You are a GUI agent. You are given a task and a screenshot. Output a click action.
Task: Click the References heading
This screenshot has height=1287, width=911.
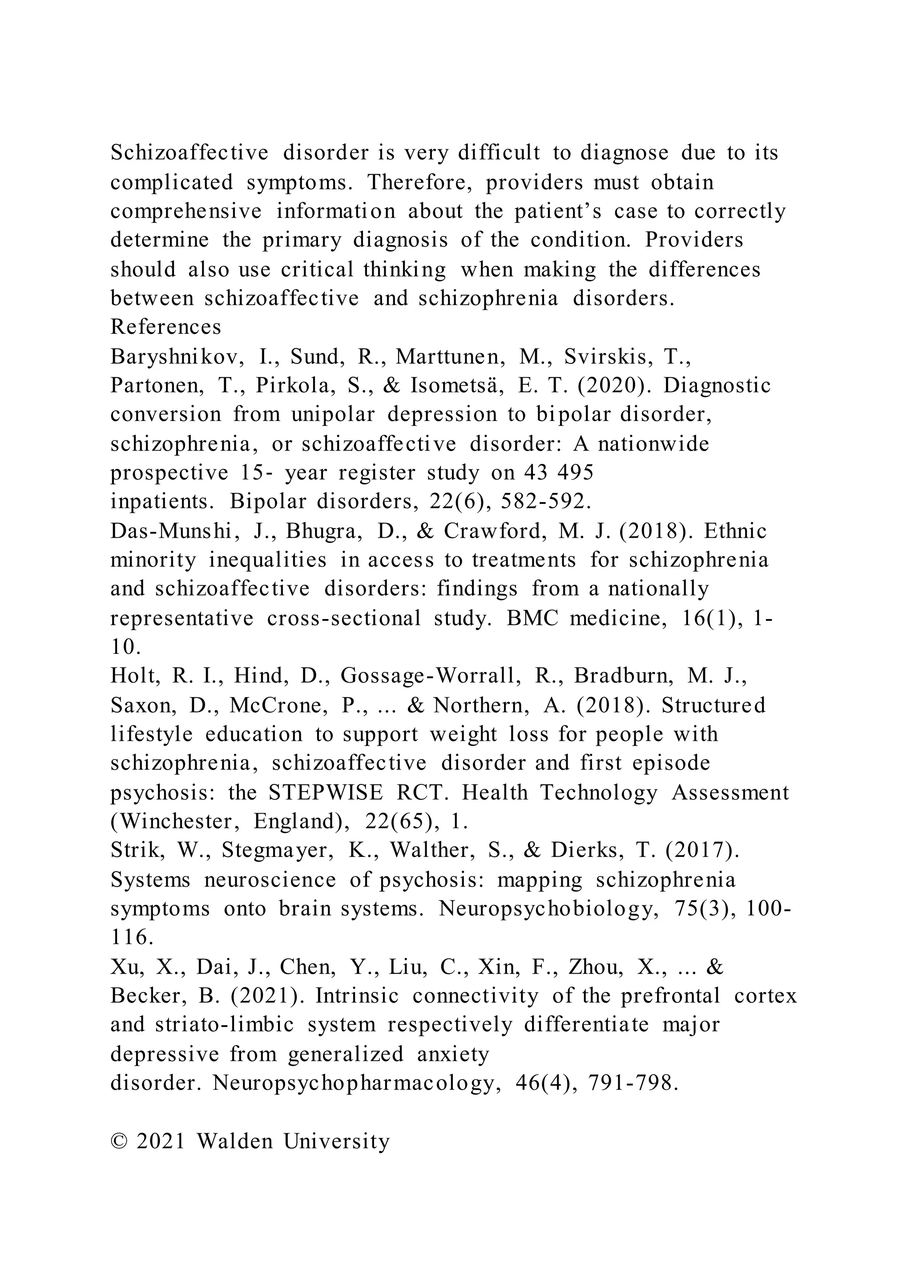pos(165,327)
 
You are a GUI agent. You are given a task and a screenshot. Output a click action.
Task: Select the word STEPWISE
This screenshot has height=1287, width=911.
pos(325,793)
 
